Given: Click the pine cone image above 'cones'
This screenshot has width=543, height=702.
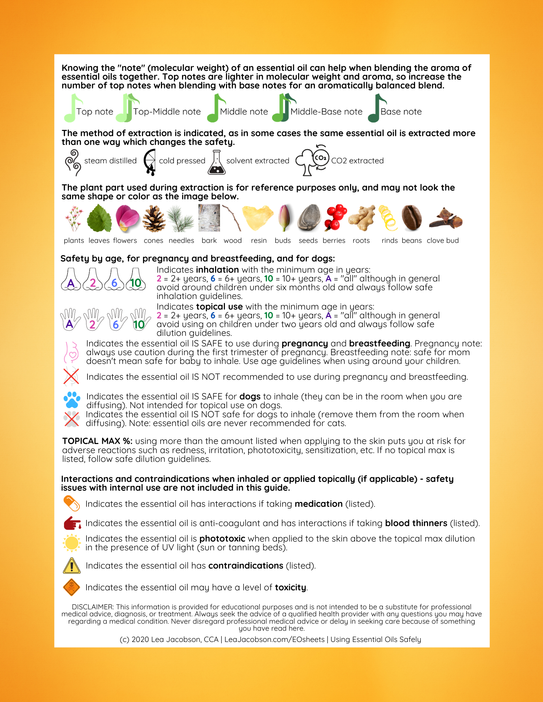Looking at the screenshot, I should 154,219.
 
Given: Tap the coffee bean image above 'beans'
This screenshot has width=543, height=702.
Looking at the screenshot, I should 412,218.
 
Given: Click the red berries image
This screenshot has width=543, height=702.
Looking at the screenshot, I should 335,217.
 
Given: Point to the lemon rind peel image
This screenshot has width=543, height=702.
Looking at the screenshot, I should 388,218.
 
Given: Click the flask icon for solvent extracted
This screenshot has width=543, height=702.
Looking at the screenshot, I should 216,163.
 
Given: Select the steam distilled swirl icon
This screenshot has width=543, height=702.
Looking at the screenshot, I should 73,162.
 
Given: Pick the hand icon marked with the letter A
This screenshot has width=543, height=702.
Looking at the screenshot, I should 70,320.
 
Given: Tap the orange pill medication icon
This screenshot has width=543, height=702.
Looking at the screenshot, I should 72,504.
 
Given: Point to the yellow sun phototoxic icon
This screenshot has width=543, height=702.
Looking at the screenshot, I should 72,543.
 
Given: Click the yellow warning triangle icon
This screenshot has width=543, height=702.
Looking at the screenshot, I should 72,566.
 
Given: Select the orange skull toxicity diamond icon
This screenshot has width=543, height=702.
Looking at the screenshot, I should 72,587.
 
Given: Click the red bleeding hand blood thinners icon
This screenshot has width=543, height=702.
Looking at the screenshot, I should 72,523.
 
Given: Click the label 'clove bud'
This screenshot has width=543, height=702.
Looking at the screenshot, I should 442,240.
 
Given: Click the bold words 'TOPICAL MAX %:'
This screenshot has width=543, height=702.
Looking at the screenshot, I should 97,441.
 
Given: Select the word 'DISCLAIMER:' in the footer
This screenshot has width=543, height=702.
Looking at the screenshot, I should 93,607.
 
